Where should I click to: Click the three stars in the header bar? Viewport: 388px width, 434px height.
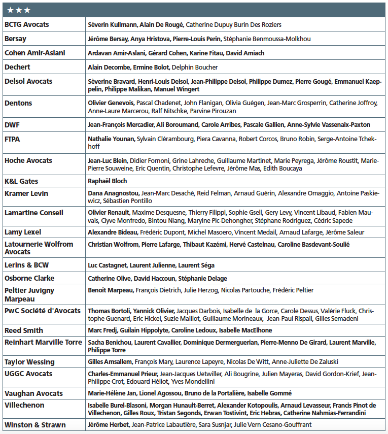[19, 10]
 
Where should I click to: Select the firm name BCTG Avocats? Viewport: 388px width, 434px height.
[27, 24]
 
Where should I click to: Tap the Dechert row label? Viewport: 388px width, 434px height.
[17, 67]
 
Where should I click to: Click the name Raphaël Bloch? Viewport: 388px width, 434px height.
[108, 181]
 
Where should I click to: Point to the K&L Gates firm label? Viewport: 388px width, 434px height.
[21, 181]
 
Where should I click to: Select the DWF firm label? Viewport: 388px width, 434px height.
[12, 125]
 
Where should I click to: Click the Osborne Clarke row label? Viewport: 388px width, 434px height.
[29, 279]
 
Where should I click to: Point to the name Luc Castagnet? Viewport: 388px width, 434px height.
[107, 265]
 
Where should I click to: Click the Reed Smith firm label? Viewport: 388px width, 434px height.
[24, 330]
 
